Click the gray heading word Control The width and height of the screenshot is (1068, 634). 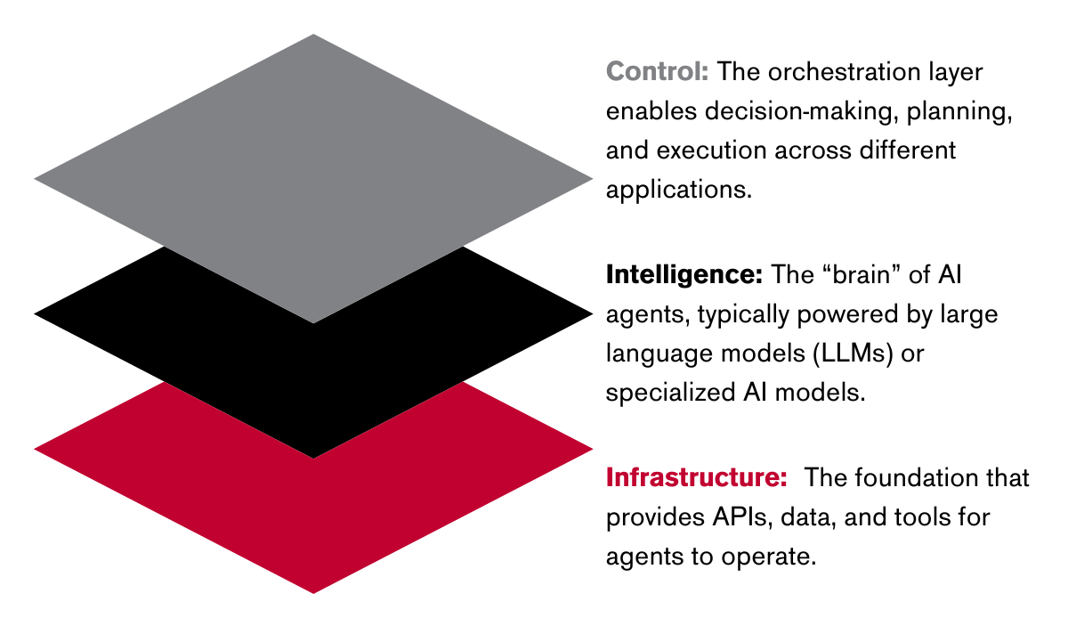[657, 71]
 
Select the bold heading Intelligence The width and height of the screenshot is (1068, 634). [684, 275]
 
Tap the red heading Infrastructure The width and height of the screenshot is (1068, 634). [696, 477]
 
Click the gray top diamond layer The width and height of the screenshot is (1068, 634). [313, 179]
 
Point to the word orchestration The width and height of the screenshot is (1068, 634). [844, 72]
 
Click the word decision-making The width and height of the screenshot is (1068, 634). [798, 112]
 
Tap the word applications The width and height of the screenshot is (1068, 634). [678, 191]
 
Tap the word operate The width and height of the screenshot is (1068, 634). [769, 557]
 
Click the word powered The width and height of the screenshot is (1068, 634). [847, 315]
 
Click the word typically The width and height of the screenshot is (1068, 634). [743, 315]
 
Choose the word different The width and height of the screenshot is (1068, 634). [907, 150]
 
